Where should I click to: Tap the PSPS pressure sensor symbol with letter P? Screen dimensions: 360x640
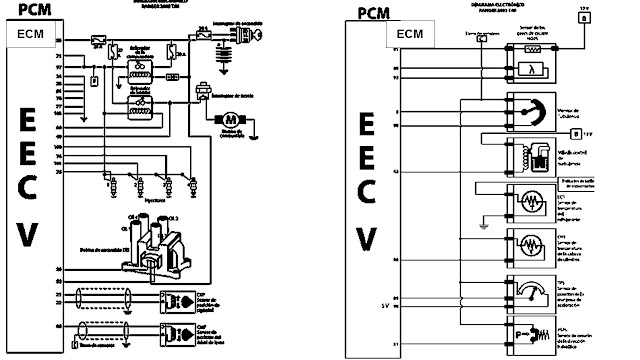click(529, 331)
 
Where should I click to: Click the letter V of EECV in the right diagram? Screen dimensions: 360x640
click(367, 238)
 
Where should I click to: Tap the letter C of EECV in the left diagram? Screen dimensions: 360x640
click(29, 187)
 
